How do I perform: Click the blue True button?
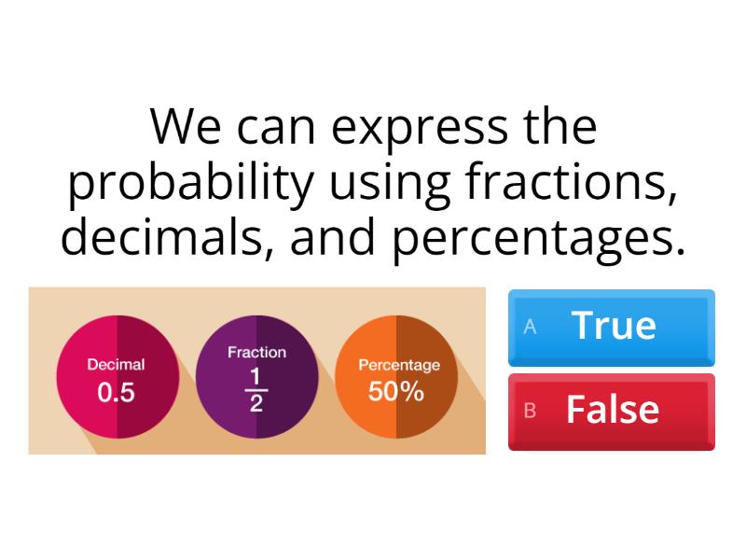coord(612,327)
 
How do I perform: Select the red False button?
coord(612,411)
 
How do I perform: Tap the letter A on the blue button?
coord(530,327)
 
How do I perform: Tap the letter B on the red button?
coord(530,411)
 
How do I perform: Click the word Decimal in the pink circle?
coord(116,365)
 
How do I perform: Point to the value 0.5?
coord(116,393)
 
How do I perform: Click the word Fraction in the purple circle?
coord(256,353)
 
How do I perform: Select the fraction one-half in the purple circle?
coord(256,389)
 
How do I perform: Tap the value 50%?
coord(396,392)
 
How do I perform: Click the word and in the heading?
coord(335,237)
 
